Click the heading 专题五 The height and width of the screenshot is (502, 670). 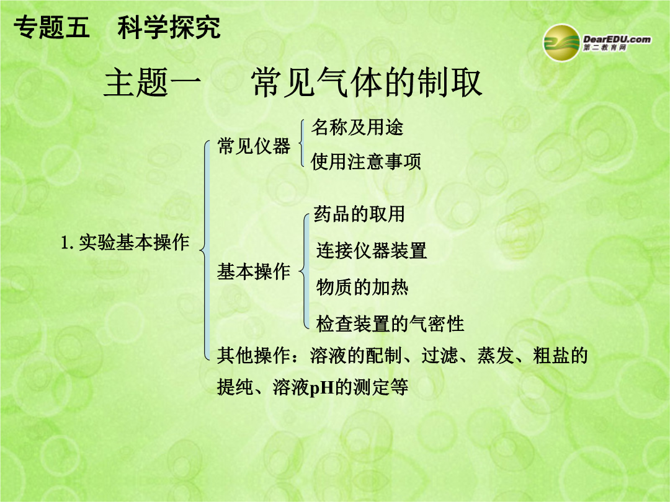pyautogui.click(x=51, y=28)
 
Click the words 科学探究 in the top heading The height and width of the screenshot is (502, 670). pyautogui.click(x=169, y=28)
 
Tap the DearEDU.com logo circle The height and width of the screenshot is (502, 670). pyautogui.click(x=561, y=43)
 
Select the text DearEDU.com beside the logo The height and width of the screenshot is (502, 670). pyautogui.click(x=617, y=39)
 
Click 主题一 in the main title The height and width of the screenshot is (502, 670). pyautogui.click(x=152, y=82)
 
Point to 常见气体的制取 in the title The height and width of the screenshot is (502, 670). pyautogui.click(x=367, y=82)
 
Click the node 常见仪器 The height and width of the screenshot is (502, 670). pyautogui.click(x=254, y=146)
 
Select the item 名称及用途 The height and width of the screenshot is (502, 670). pyautogui.click(x=357, y=127)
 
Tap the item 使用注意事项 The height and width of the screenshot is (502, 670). pyautogui.click(x=366, y=162)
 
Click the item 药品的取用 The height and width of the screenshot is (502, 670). pyautogui.click(x=359, y=214)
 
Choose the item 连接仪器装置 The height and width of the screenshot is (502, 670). pyautogui.click(x=372, y=250)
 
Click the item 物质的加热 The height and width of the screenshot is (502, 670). pyautogui.click(x=362, y=287)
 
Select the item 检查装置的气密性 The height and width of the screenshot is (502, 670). pyautogui.click(x=390, y=324)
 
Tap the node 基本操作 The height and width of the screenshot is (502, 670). pyautogui.click(x=254, y=271)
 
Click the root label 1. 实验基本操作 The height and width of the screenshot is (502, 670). pyautogui.click(x=125, y=242)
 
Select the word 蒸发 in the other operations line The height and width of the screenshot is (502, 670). pyautogui.click(x=496, y=355)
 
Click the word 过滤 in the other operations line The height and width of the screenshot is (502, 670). pyautogui.click(x=440, y=355)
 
